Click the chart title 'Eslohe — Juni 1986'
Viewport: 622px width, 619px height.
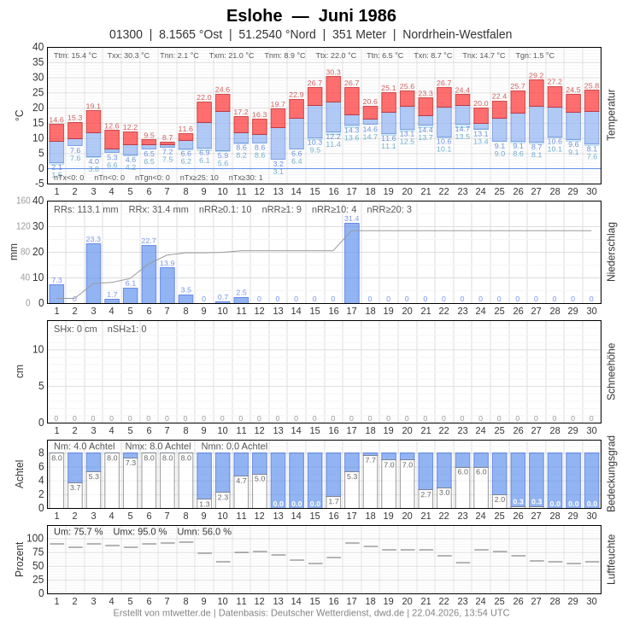[x=311, y=15]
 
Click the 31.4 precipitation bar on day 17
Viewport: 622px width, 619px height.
[x=352, y=263]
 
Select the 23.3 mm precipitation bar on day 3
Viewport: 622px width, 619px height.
[x=93, y=273]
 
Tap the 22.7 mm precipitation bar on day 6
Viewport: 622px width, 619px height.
[x=149, y=274]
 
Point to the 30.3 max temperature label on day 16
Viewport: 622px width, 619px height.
[x=333, y=73]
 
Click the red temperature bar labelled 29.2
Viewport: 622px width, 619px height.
[x=537, y=93]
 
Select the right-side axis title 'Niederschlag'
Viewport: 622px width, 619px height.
[x=611, y=252]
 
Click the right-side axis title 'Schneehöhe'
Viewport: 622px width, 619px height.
[x=611, y=371]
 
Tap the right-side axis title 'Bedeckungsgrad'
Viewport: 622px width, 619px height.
[x=611, y=474]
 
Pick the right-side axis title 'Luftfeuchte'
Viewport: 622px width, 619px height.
[x=611, y=559]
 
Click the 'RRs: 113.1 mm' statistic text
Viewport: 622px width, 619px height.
[x=86, y=209]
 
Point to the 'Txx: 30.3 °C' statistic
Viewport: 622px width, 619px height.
[x=128, y=55]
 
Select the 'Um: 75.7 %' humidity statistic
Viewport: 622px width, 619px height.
[x=78, y=531]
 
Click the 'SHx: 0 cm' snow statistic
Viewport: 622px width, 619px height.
[x=75, y=329]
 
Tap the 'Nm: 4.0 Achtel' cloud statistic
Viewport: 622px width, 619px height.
[x=84, y=446]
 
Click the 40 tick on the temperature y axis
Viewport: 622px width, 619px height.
[x=38, y=47]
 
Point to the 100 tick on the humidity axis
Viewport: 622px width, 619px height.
[x=35, y=538]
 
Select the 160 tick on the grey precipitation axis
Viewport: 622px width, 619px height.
[x=23, y=201]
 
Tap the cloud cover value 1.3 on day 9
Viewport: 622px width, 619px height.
[x=204, y=504]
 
